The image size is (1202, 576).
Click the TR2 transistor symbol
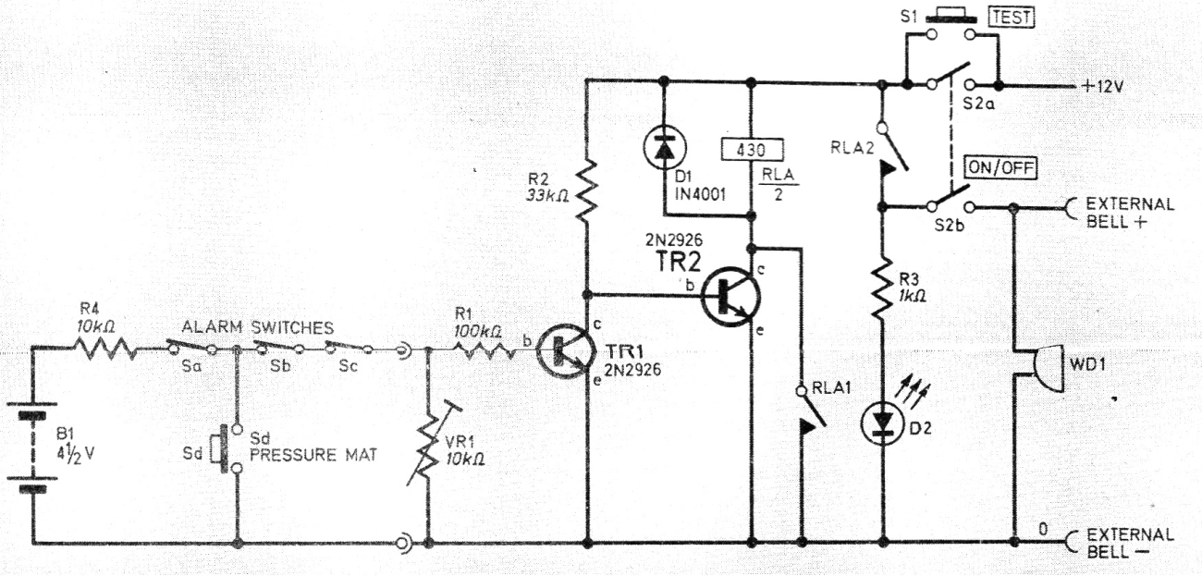(730, 296)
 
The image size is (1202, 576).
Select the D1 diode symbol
(665, 149)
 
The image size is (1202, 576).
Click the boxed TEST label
(1011, 18)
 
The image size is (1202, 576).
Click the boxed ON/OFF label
(1000, 168)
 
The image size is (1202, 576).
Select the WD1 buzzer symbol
(1048, 369)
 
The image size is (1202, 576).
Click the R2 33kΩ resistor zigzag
(586, 190)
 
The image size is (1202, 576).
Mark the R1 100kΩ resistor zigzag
(484, 350)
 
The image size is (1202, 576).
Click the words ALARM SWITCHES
(258, 327)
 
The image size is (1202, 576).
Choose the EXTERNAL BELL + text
(1122, 214)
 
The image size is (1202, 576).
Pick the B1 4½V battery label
(74, 446)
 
